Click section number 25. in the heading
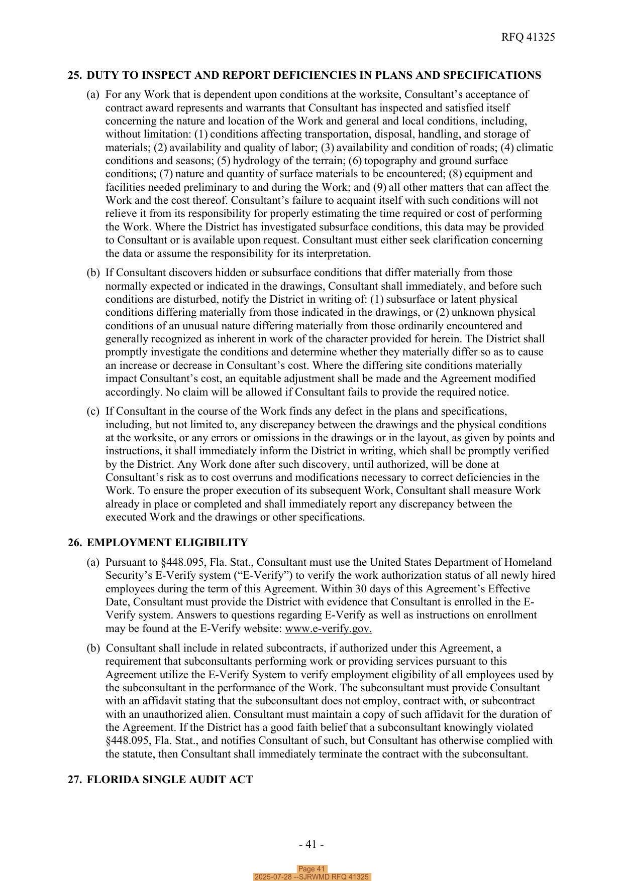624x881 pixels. click(75, 75)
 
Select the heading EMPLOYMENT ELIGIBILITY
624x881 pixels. click(167, 543)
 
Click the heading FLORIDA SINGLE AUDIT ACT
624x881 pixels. click(170, 780)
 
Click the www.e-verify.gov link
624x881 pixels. click(328, 628)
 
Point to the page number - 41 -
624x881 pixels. click(311, 844)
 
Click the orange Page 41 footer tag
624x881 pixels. click(311, 869)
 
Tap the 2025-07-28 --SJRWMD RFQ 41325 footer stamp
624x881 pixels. click(311, 877)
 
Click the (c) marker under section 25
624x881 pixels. click(93, 411)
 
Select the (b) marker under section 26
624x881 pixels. click(93, 648)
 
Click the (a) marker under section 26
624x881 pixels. click(93, 562)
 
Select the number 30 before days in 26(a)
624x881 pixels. click(352, 588)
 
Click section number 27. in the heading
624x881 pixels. click(75, 780)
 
